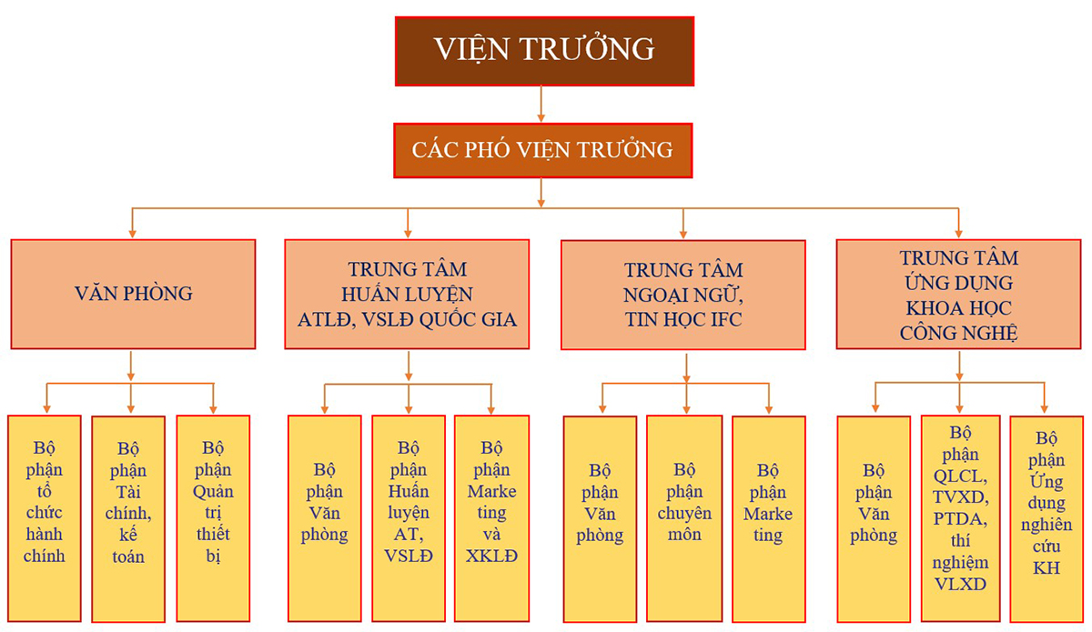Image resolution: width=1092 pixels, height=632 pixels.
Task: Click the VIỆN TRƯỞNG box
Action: pos(544,51)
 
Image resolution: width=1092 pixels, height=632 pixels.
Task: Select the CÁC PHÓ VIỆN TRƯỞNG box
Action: pos(543,151)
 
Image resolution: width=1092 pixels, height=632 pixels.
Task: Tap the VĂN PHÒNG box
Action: pos(133,294)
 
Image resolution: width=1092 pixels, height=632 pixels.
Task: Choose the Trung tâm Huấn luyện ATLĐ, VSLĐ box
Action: pos(407,294)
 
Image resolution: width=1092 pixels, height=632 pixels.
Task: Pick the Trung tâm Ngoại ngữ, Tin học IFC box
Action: pos(683,295)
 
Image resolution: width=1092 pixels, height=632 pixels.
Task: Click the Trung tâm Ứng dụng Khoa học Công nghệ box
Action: pos(958,294)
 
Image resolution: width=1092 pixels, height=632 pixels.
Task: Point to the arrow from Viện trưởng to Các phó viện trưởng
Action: pos(541,104)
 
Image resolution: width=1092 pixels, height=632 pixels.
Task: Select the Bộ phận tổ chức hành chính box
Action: pos(45,518)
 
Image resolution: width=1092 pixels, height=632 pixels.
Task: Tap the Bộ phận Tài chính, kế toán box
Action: pos(128,519)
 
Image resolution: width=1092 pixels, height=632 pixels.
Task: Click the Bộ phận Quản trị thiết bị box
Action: pos(213,518)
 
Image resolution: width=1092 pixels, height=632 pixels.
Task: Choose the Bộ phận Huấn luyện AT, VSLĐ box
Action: pos(409,518)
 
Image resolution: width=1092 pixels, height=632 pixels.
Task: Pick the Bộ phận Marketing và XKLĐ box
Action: pos(492,518)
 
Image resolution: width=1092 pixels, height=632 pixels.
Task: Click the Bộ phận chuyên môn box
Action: pos(684,519)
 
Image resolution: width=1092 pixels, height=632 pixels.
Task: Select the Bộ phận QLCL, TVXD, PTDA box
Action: pos(960,518)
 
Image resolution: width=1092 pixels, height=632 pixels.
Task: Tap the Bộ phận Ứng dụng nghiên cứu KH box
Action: pos(1046,519)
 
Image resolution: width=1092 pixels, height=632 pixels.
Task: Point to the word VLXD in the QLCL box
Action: pos(960,584)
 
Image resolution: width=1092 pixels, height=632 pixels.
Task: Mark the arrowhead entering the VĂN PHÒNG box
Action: pos(132,234)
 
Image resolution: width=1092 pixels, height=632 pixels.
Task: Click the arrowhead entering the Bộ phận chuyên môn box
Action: pos(686,410)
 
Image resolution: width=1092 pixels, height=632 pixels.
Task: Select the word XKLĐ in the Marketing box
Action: pos(491,556)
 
